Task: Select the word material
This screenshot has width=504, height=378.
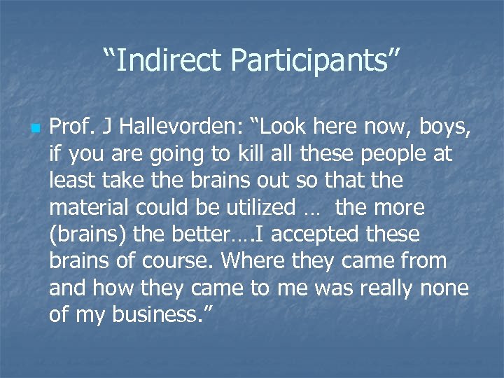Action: click(x=90, y=207)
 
